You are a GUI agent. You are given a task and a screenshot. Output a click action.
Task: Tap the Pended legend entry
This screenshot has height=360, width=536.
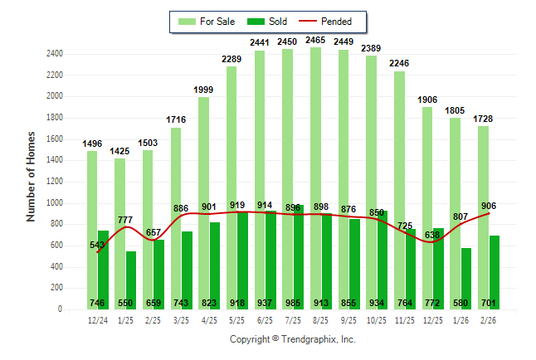(325, 21)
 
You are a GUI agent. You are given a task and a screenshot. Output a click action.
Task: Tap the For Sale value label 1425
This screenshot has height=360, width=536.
(120, 150)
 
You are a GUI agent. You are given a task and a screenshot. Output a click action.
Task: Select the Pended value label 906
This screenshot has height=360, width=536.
(489, 207)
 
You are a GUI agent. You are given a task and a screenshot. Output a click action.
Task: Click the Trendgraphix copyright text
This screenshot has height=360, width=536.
(292, 339)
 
